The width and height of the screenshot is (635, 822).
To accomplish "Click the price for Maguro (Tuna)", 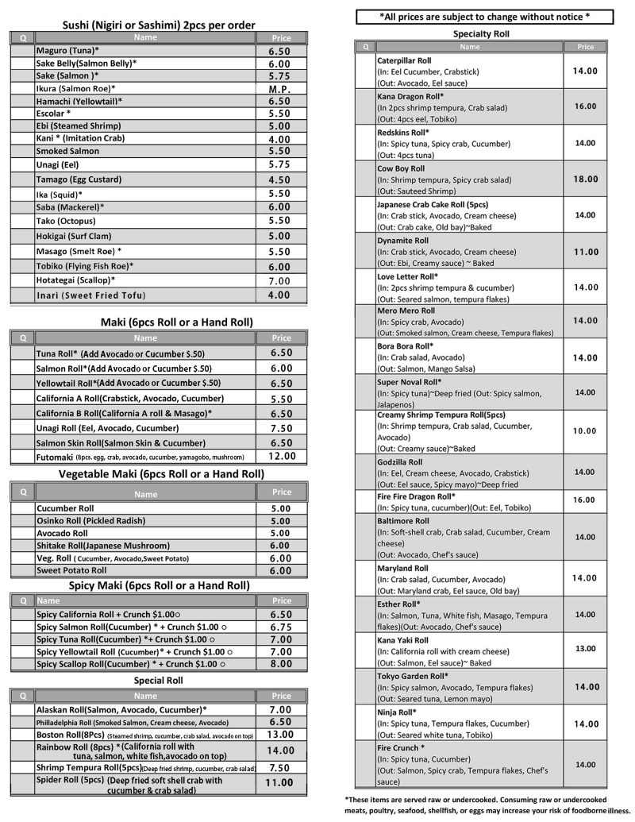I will [x=279, y=51].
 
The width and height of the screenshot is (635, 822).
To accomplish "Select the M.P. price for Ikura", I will [x=279, y=89].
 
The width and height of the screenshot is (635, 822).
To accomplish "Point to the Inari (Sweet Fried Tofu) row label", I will [x=90, y=295].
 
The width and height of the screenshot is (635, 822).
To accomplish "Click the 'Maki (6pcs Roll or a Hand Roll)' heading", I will [x=165, y=322].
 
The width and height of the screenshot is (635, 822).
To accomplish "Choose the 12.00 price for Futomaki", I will [x=282, y=457].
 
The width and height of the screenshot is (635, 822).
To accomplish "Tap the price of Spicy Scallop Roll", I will [x=281, y=664].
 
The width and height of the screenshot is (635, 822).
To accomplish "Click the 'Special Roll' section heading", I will [x=159, y=681].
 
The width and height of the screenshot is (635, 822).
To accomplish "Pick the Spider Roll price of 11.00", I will [x=279, y=782].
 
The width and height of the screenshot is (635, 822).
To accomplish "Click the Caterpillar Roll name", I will [x=404, y=60].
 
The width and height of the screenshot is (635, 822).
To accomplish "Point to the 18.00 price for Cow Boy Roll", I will [x=585, y=179].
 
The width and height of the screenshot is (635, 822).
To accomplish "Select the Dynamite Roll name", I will [x=402, y=241].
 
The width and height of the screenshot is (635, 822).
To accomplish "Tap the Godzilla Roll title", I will [x=400, y=462].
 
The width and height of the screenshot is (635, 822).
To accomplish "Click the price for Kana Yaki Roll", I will [x=585, y=649].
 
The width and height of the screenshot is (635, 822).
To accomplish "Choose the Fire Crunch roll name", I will [x=401, y=748].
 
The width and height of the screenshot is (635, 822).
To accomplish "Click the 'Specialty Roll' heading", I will [x=481, y=34].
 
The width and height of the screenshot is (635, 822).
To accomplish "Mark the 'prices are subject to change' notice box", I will [x=484, y=16].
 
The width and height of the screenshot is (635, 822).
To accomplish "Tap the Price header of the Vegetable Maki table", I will [x=282, y=492].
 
